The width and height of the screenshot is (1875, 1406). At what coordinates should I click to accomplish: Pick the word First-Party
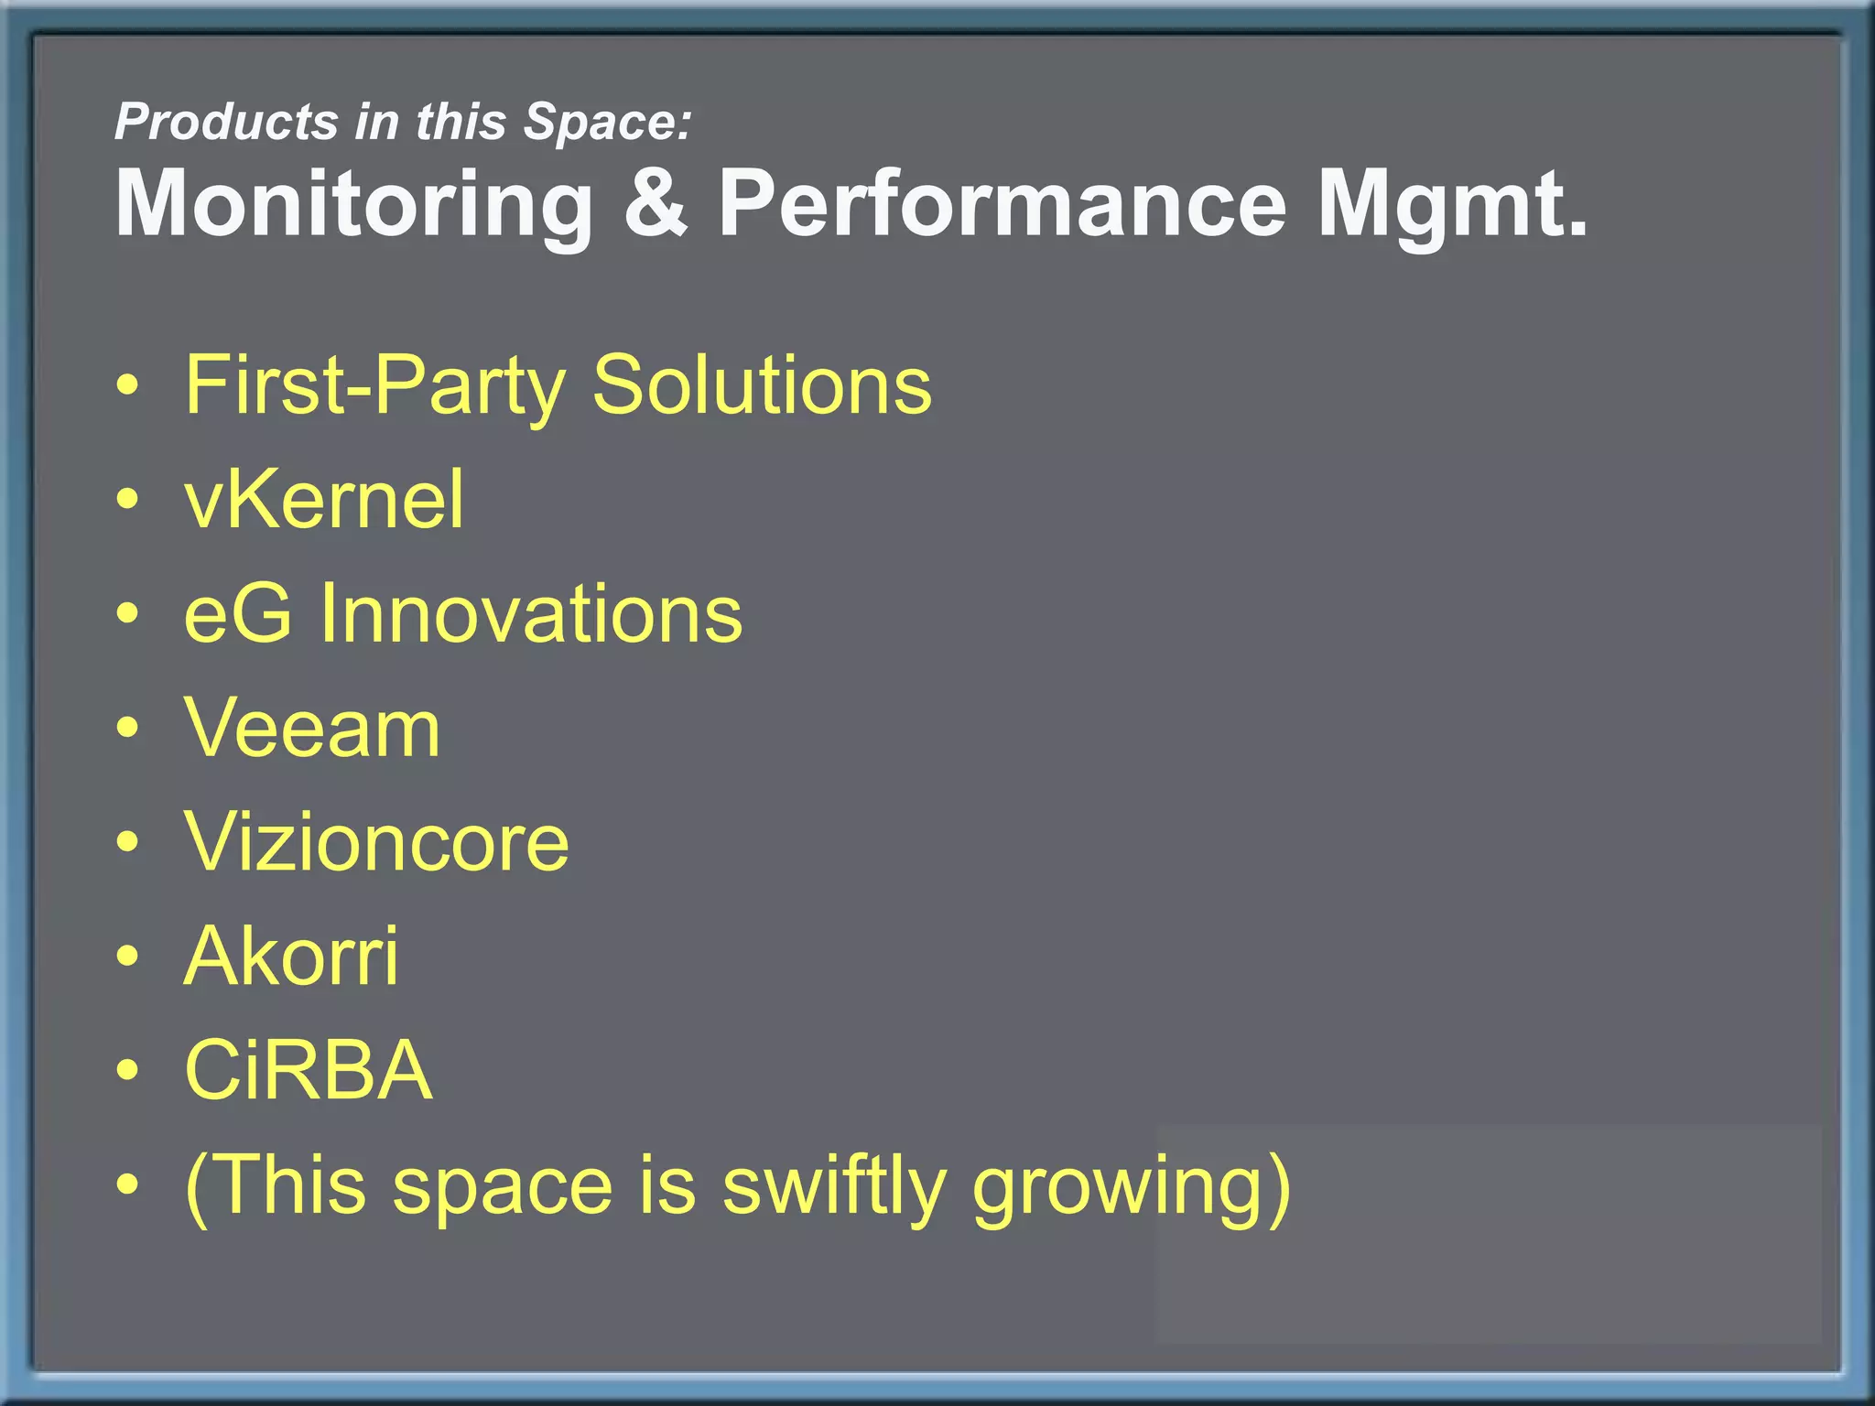tap(375, 385)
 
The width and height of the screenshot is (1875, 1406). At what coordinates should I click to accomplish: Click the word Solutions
tap(762, 385)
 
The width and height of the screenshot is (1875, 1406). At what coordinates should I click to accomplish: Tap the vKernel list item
tap(324, 500)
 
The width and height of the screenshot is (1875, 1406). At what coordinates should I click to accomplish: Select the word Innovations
tap(530, 614)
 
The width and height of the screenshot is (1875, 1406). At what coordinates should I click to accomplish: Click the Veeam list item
tap(312, 729)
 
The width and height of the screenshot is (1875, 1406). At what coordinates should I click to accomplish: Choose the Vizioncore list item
tap(376, 842)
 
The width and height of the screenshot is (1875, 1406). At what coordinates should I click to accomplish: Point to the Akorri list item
tap(291, 957)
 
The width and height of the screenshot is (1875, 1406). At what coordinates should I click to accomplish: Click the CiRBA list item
tap(308, 1070)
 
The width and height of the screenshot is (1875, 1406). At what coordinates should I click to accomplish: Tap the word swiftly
tap(834, 1186)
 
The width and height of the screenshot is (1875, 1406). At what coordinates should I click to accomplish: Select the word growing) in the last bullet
tap(1132, 1186)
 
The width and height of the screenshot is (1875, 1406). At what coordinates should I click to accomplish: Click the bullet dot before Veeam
tap(128, 729)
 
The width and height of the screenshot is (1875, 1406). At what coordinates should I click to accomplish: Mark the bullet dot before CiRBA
tap(128, 1070)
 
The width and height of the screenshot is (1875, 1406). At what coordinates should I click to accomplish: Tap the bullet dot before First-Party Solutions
tap(128, 385)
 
